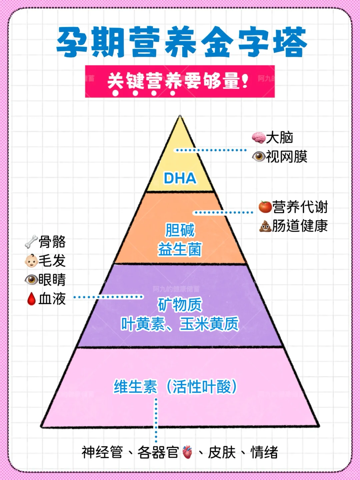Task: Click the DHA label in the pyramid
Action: coord(180,178)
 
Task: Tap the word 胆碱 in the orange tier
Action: coord(180,230)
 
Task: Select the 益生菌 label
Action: coord(180,249)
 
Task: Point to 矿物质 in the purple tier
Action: coord(180,304)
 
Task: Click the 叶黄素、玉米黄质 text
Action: coord(180,324)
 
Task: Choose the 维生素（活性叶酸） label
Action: coord(176,387)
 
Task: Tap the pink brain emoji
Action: coord(258,137)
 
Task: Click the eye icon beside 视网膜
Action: coord(258,156)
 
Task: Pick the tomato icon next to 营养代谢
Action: coord(265,207)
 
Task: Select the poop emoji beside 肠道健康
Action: coord(265,226)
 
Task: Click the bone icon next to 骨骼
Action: coord(31,242)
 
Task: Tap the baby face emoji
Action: coord(31,261)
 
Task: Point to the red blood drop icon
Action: coord(31,299)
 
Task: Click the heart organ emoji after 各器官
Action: coord(187,452)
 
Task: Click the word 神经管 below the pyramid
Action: coord(102,452)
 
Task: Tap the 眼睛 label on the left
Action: coord(52,280)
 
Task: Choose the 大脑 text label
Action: coord(280,137)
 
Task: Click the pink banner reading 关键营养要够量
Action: coord(180,81)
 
